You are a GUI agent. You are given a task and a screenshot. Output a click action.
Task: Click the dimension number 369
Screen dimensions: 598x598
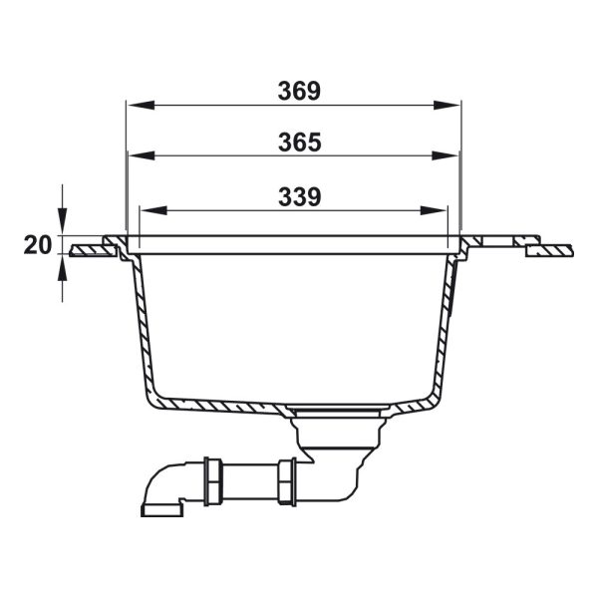pos(299,91)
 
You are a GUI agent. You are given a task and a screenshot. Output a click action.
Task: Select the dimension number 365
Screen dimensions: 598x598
pos(300,143)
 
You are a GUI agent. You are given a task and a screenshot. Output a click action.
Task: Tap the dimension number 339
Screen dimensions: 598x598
pos(300,196)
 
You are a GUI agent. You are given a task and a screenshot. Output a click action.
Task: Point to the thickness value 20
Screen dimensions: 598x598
pos(38,245)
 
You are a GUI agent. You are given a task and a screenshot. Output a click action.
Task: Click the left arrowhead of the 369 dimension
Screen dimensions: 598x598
pos(141,106)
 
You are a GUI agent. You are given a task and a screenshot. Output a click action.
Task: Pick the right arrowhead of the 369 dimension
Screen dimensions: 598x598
pos(447,106)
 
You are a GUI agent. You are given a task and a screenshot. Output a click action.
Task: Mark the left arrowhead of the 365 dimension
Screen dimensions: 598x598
pos(142,155)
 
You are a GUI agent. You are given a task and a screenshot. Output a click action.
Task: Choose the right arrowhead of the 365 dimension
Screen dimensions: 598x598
pos(446,155)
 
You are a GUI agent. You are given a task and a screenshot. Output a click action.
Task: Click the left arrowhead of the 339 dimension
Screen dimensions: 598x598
pos(154,210)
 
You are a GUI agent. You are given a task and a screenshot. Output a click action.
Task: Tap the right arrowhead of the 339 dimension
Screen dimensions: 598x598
pos(434,210)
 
